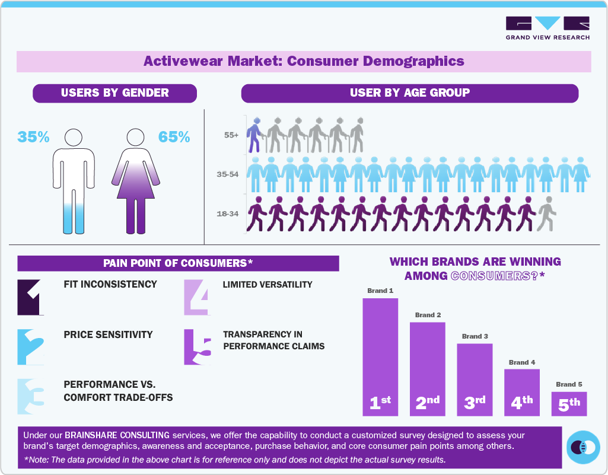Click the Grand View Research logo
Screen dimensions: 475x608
pos(547,28)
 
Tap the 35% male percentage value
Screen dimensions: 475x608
pos(33,137)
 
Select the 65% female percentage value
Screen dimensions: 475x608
pos(174,137)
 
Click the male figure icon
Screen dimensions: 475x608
pos(74,181)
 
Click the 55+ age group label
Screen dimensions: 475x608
pos(231,135)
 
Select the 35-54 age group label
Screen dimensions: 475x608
pos(227,174)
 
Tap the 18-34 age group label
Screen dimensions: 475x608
pos(227,213)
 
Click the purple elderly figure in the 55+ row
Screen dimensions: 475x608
pos(254,135)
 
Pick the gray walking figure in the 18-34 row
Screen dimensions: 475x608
pos(546,213)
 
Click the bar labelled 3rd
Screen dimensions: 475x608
pos(475,380)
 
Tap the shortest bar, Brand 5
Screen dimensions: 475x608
pos(569,403)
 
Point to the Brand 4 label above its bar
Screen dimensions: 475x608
pos(522,362)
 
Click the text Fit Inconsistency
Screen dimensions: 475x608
pos(110,284)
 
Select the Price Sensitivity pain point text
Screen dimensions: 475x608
pos(108,334)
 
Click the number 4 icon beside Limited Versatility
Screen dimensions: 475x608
pos(196,297)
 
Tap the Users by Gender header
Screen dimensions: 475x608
pos(114,93)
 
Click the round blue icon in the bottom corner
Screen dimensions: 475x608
pos(584,447)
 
